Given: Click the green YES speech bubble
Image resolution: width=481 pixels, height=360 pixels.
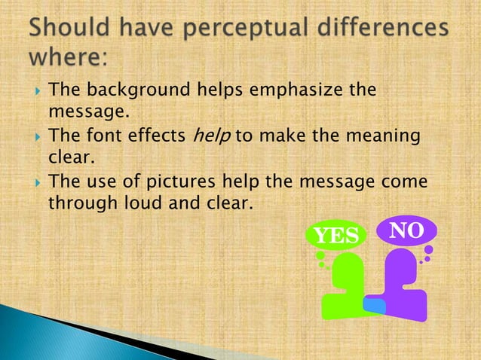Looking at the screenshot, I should (335, 236).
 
